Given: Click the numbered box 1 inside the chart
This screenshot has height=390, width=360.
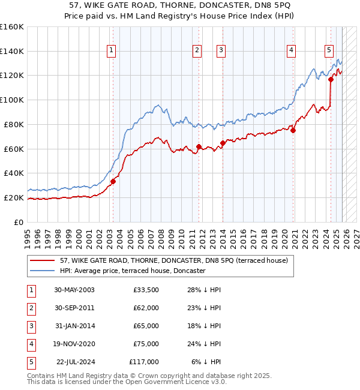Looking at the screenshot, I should (x=112, y=52).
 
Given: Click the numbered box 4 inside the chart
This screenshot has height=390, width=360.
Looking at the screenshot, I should (x=291, y=52).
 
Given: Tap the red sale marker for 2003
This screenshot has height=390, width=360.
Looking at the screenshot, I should (x=113, y=181).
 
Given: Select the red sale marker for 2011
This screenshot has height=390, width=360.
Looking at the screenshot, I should (x=199, y=146).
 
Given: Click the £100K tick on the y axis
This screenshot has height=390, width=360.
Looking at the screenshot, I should (x=11, y=100).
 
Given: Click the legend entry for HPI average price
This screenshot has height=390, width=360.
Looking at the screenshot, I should (x=133, y=271).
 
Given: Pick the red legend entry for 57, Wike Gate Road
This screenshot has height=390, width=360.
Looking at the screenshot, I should (x=174, y=260).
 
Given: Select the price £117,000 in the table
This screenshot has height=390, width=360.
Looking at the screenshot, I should (x=144, y=362).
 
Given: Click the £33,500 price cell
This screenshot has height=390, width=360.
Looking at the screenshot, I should (x=146, y=290).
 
